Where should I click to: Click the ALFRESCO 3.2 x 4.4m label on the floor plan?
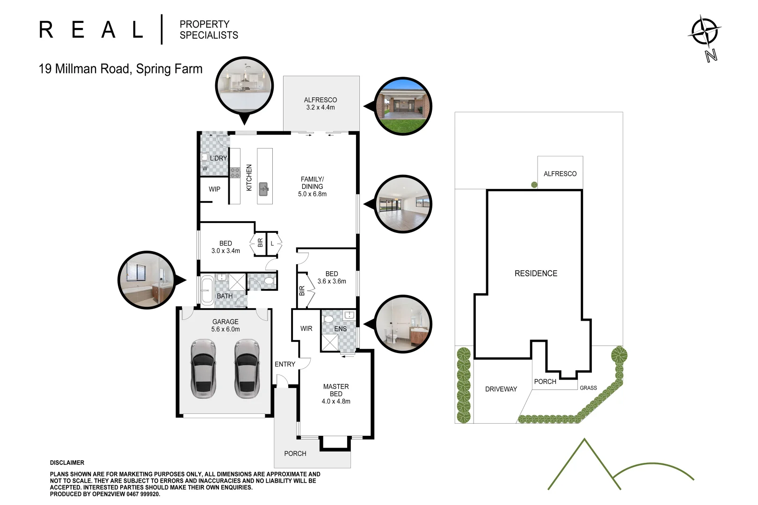click(321, 104)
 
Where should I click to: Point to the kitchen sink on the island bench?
click(264, 189)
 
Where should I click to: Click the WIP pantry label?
click(214, 189)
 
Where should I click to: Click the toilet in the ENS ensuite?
click(328, 319)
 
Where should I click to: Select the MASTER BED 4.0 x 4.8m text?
click(336, 394)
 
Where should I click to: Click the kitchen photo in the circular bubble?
click(244, 86)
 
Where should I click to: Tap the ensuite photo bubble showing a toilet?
click(403, 324)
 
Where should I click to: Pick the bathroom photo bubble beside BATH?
click(146, 280)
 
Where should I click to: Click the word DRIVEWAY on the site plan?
click(501, 389)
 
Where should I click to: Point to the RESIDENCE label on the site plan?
click(536, 274)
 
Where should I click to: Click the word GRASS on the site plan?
click(588, 388)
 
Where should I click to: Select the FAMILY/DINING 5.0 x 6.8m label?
click(312, 187)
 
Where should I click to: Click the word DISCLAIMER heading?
click(67, 463)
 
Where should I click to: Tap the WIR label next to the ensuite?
click(306, 329)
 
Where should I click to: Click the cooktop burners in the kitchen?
click(235, 173)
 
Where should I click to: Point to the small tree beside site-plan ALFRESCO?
click(534, 185)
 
